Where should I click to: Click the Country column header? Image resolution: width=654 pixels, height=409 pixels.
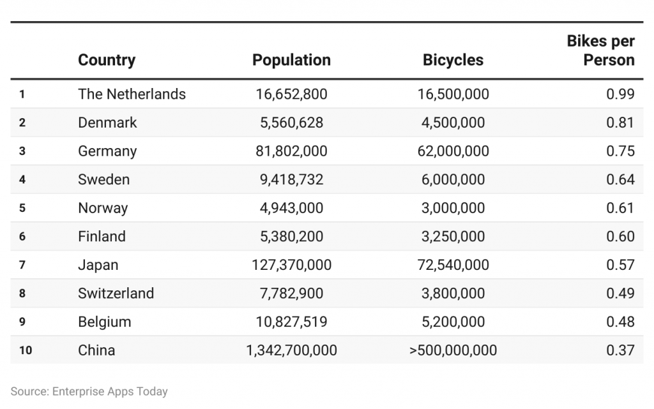click(x=107, y=60)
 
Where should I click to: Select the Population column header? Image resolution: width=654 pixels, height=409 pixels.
click(x=291, y=60)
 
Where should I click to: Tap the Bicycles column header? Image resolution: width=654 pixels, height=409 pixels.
click(x=453, y=60)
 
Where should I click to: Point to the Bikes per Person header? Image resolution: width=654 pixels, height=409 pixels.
click(x=600, y=51)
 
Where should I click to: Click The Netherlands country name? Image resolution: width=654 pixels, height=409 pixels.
click(x=132, y=94)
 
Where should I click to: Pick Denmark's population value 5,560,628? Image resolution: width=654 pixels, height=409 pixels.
click(x=291, y=123)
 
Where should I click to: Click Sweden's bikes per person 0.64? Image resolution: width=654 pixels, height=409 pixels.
click(x=620, y=179)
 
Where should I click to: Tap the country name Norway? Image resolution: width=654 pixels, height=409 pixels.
click(x=103, y=208)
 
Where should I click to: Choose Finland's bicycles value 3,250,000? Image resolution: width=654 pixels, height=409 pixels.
click(x=453, y=236)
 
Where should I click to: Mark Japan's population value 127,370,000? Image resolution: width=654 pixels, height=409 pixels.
click(x=291, y=265)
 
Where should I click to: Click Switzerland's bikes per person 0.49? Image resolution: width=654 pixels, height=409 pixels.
click(x=620, y=293)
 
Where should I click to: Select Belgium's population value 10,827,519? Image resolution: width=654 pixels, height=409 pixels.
click(x=291, y=322)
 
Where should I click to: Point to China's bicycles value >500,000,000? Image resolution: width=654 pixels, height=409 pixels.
click(x=453, y=350)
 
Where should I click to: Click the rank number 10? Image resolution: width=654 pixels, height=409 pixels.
click(x=25, y=350)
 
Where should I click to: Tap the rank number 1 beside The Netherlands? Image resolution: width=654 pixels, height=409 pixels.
click(x=22, y=94)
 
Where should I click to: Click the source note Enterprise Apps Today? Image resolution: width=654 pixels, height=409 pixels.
click(x=89, y=391)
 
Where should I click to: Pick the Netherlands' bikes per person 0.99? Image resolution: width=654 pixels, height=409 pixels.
click(x=620, y=94)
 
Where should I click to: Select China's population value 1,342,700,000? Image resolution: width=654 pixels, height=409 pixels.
click(x=291, y=350)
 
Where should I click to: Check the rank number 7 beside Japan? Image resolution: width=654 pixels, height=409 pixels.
click(x=22, y=265)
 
